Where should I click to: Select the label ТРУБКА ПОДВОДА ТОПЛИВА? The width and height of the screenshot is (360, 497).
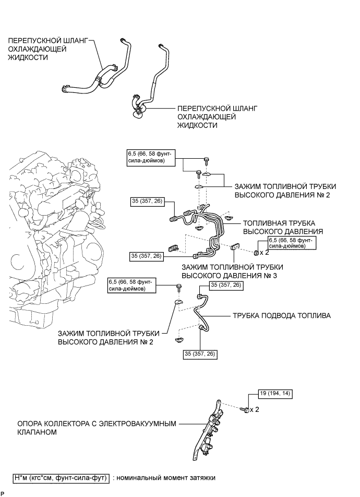coord(282,316)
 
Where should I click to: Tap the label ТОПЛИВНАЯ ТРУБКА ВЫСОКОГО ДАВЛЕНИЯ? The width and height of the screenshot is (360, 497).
coord(283,227)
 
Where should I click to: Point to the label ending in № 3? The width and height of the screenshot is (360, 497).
coord(232,271)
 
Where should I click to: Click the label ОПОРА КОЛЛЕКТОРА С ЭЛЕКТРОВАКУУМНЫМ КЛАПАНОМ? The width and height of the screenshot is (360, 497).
coord(97,428)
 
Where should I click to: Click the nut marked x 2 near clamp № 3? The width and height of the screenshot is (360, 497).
coord(256,252)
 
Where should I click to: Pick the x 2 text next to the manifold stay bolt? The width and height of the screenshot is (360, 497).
coord(255,409)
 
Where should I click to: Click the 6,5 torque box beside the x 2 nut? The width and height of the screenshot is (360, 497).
coord(292,242)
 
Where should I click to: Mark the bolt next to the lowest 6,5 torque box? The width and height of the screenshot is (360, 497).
coord(178,288)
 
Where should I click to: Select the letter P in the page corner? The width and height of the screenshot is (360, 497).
coord(3,494)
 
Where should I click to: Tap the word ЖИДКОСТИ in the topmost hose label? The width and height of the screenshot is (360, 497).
coord(28,57)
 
